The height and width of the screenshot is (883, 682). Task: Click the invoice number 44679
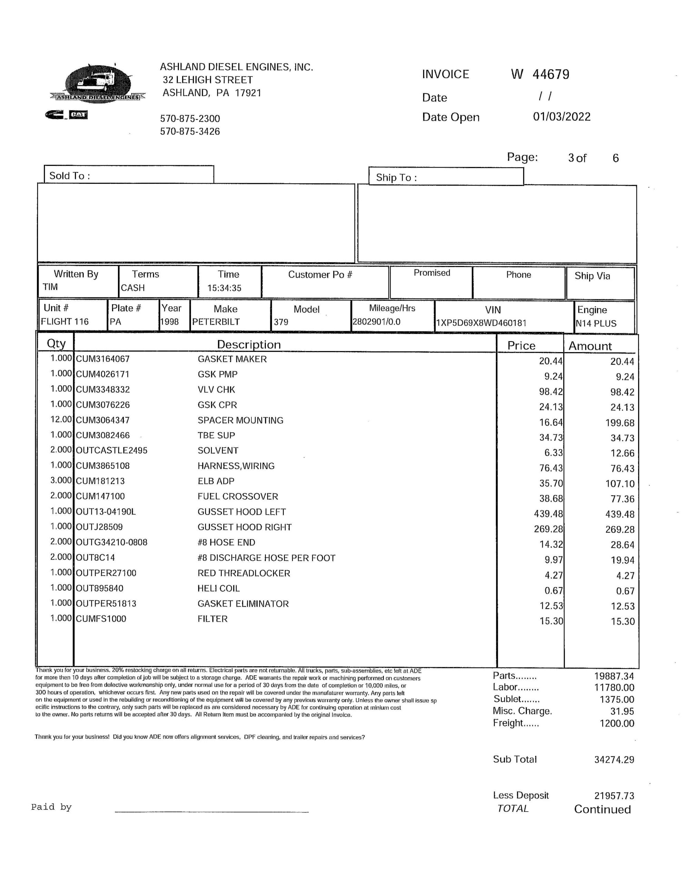point(551,75)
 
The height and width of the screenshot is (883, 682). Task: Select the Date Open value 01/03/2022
point(562,117)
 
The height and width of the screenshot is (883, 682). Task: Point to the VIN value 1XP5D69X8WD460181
point(481,323)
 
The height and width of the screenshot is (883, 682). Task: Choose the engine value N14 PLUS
point(596,324)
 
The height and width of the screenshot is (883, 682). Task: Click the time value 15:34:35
point(224,288)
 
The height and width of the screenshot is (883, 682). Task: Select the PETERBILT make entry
point(216,322)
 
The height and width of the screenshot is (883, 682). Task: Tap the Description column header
point(249,345)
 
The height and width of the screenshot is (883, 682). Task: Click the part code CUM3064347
point(103,420)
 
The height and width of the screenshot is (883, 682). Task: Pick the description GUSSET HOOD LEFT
point(241,512)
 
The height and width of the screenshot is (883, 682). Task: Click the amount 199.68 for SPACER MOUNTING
point(620,423)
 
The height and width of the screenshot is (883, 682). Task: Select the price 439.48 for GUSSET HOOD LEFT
point(548,514)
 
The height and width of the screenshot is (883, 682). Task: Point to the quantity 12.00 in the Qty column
point(61,419)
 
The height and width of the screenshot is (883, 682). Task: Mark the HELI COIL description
point(218,588)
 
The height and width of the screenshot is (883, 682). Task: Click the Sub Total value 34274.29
point(614,760)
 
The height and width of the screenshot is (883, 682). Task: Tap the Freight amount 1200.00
point(616,723)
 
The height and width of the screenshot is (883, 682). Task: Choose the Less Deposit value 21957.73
point(614,796)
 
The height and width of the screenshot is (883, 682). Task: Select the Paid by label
point(51,807)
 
